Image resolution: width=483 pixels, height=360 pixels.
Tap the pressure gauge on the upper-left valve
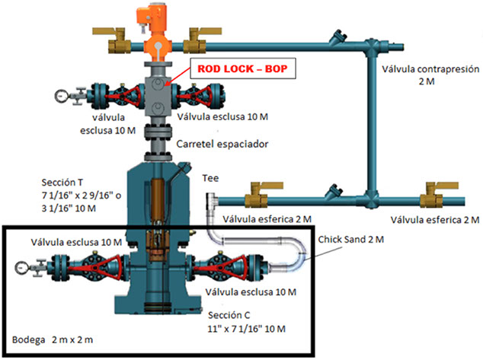point(59,97)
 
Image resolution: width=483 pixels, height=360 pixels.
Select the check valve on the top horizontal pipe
point(336,38)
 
